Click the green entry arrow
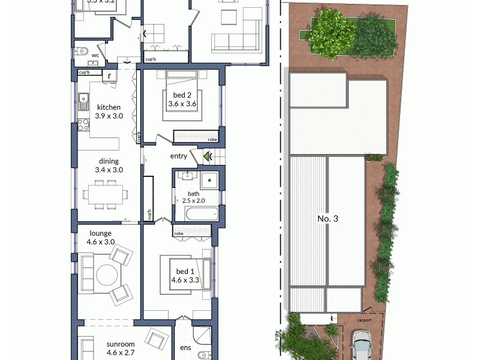pos(208,157)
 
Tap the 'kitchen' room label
pos(107,108)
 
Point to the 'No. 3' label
pos(328,219)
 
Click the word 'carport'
pos(363,320)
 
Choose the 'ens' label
pos(185,347)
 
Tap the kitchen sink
pos(82,101)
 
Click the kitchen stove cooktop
pos(83,125)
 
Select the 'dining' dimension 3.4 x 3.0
pos(109,170)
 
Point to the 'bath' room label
pos(193,193)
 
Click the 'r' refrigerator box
pos(110,76)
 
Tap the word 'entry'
pos(179,157)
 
